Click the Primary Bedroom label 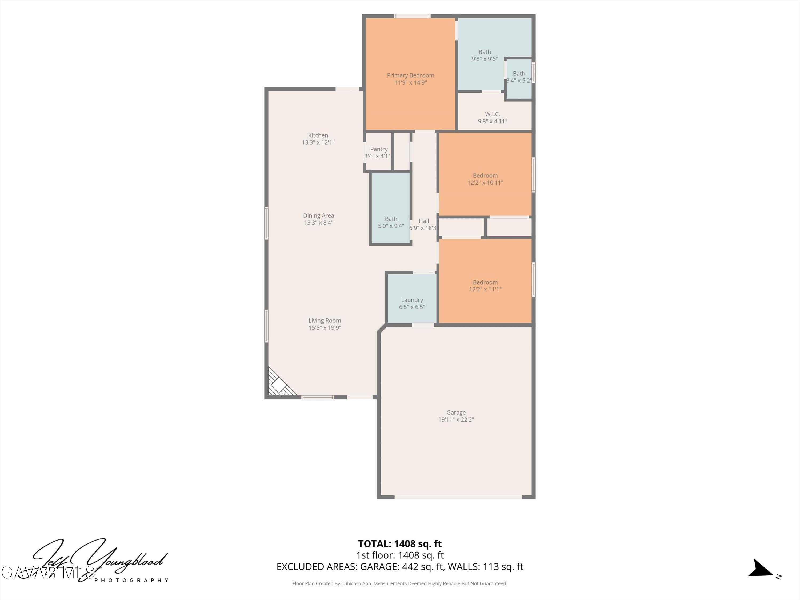(410, 75)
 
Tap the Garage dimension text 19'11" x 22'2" (456, 419)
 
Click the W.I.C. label (492, 114)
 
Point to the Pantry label (379, 149)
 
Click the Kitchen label (318, 135)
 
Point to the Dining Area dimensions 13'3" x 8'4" (318, 222)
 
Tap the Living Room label (325, 321)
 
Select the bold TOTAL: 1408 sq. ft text (400, 543)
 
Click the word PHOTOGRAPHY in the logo (131, 580)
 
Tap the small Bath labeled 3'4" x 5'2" (519, 77)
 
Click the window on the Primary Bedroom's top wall (412, 16)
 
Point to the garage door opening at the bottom (458, 497)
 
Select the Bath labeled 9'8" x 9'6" (484, 55)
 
